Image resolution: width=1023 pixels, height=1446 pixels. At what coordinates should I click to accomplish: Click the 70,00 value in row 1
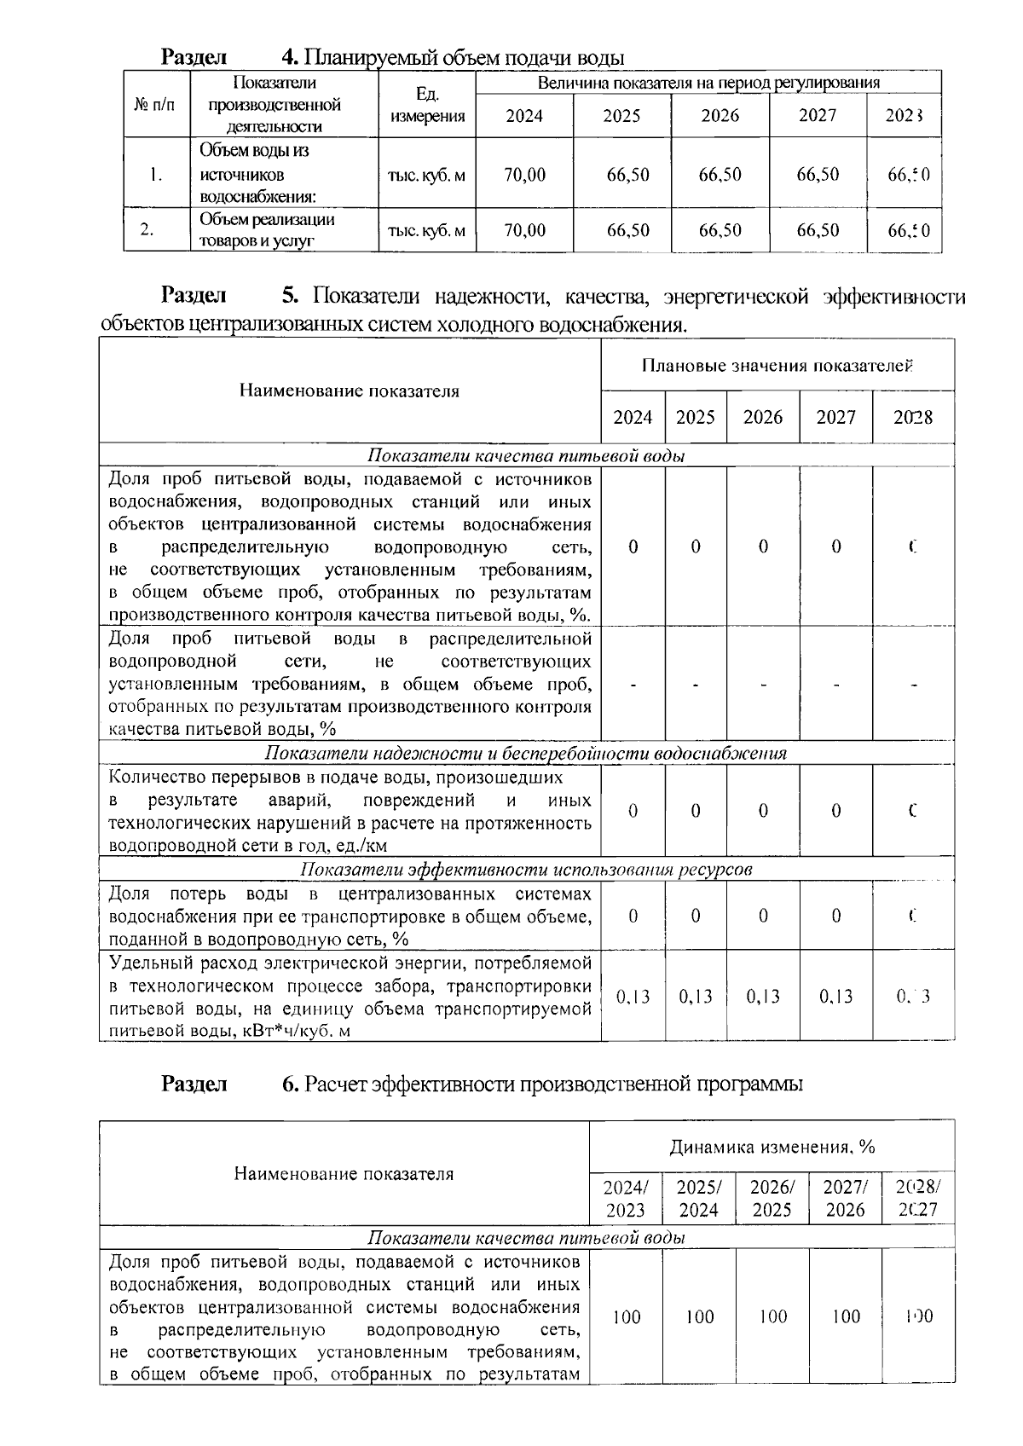click(x=524, y=175)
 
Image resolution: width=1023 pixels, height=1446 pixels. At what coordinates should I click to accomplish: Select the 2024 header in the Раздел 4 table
click(x=524, y=116)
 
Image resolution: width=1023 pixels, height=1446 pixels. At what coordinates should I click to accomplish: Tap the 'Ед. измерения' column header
click(x=427, y=104)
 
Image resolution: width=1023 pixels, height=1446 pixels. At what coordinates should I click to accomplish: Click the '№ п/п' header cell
click(x=157, y=105)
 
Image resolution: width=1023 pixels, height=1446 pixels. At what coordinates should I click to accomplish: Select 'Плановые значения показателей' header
click(x=777, y=367)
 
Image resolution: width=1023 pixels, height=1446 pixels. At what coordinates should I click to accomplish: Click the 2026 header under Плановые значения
click(x=762, y=418)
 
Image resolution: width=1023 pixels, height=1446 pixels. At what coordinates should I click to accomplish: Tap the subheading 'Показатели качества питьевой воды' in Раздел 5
click(x=527, y=456)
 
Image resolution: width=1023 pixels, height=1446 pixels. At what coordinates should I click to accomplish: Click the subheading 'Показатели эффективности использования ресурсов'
click(x=527, y=870)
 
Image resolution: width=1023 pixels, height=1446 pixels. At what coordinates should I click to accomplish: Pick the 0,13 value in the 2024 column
click(x=633, y=997)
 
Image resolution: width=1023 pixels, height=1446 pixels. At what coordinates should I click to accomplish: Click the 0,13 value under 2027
click(x=835, y=997)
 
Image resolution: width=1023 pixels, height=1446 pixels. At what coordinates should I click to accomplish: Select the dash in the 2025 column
click(x=696, y=685)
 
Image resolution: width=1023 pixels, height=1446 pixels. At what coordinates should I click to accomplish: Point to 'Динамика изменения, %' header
click(x=772, y=1147)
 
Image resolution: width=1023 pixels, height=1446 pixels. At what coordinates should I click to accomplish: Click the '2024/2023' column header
click(x=626, y=1199)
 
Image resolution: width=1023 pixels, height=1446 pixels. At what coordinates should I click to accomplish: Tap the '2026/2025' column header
click(x=772, y=1199)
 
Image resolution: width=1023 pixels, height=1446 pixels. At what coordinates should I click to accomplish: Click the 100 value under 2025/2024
click(x=700, y=1317)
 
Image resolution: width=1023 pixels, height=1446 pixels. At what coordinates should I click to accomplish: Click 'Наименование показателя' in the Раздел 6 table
click(x=344, y=1174)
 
